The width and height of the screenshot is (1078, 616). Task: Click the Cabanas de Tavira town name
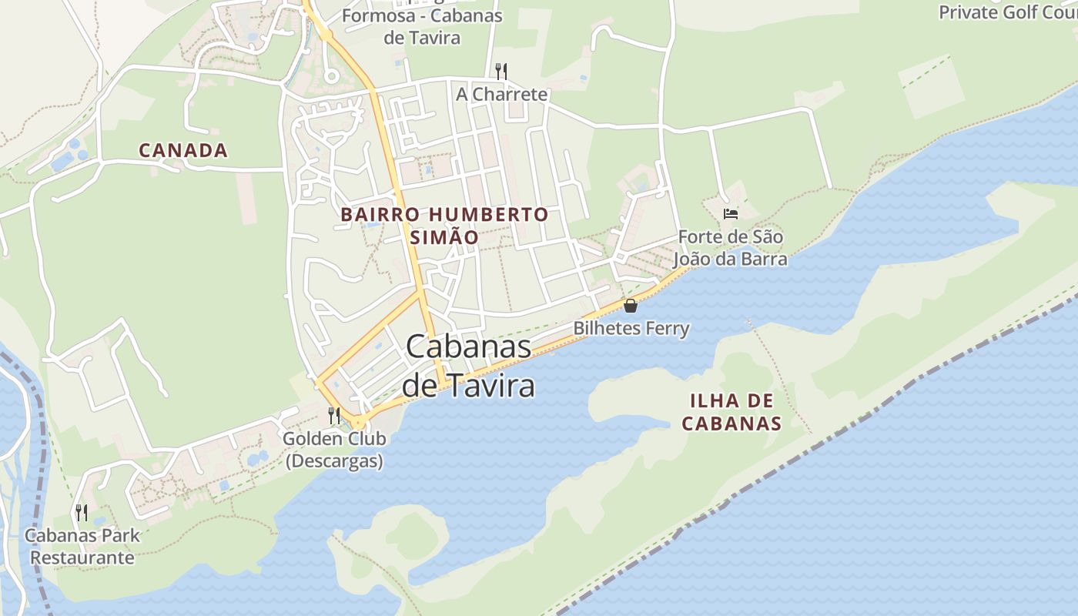pos(468,365)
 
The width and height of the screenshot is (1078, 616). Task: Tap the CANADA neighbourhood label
pos(183,150)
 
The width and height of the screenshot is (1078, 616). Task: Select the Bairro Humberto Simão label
pos(444,225)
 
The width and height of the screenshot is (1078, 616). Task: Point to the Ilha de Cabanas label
pos(731,412)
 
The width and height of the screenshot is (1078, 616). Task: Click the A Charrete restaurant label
pos(501,94)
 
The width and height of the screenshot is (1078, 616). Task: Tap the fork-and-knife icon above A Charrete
pos(501,71)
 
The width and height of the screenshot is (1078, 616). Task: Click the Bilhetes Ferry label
pos(631,329)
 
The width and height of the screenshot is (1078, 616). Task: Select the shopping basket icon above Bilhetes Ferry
pos(631,306)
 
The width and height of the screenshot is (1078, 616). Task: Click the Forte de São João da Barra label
pos(730,247)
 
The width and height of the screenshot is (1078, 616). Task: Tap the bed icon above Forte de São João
pos(731,213)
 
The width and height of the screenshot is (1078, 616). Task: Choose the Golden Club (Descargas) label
pos(334,450)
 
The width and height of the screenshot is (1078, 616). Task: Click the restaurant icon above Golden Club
pos(334,416)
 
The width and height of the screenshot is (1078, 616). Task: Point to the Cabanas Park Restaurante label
pos(82,546)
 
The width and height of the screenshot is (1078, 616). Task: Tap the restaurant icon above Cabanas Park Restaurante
pos(82,512)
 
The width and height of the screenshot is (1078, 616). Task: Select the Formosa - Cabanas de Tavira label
pos(422,26)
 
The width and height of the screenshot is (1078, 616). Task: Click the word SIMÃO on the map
pos(444,237)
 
